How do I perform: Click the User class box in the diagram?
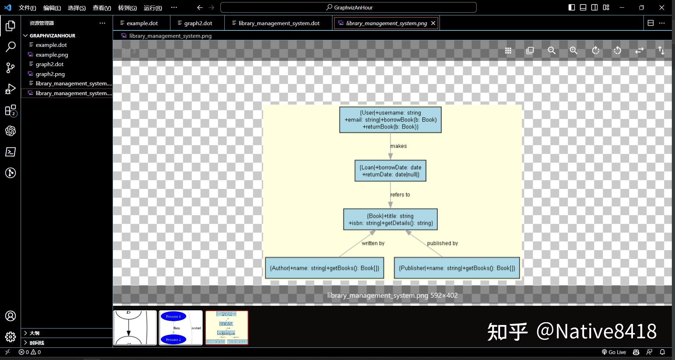pyautogui.click(x=390, y=120)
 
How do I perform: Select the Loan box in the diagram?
pyautogui.click(x=390, y=171)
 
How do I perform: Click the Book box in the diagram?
pyautogui.click(x=390, y=219)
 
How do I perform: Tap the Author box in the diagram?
pyautogui.click(x=324, y=268)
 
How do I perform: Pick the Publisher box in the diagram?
pyautogui.click(x=457, y=268)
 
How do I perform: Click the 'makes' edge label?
pyautogui.click(x=399, y=146)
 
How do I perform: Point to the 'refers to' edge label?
pyautogui.click(x=400, y=195)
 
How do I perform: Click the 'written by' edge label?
pyautogui.click(x=373, y=243)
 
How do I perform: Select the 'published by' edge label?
pyautogui.click(x=442, y=243)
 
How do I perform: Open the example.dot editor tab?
pyautogui.click(x=142, y=23)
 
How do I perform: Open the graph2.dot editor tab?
pyautogui.click(x=198, y=23)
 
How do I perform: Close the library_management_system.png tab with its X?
pyautogui.click(x=433, y=23)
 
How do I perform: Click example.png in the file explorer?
pyautogui.click(x=52, y=55)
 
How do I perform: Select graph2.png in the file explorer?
pyautogui.click(x=50, y=74)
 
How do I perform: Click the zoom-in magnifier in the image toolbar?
pyautogui.click(x=574, y=50)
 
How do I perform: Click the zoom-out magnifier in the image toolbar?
pyautogui.click(x=551, y=50)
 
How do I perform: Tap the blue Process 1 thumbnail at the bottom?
pyautogui.click(x=181, y=328)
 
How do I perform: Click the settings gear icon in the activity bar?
pyautogui.click(x=10, y=337)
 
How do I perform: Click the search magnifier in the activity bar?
pyautogui.click(x=10, y=47)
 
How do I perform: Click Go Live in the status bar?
pyautogui.click(x=614, y=352)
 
